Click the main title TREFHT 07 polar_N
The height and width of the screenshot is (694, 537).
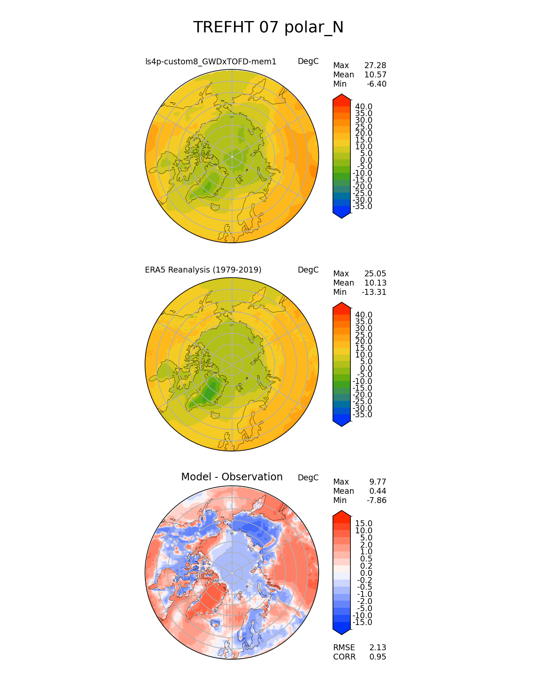click(268, 28)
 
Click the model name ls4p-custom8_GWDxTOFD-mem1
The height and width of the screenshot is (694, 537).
click(211, 62)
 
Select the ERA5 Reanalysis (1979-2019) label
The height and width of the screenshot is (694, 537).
click(203, 270)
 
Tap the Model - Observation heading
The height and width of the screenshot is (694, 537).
click(232, 477)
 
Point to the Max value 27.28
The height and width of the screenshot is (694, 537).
click(375, 66)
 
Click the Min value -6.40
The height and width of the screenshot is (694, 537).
click(377, 84)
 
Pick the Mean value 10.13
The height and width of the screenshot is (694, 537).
click(375, 283)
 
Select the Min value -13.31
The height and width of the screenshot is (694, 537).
click(374, 292)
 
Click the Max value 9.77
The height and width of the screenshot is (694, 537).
click(377, 482)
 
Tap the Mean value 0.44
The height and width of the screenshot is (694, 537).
click(377, 491)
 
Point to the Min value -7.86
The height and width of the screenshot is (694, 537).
click(377, 501)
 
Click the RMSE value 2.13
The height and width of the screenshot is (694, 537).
click(377, 648)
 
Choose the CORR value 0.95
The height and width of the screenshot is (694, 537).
click(377, 657)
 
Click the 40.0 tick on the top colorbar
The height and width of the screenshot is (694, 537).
click(363, 107)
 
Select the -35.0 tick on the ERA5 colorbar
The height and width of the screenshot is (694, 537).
click(362, 415)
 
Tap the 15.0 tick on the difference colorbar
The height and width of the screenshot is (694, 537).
click(363, 524)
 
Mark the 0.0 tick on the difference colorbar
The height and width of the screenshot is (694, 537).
click(366, 573)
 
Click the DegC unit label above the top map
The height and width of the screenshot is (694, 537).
click(308, 62)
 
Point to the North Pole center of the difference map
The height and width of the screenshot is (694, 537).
click(232, 573)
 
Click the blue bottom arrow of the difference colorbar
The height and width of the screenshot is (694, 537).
click(342, 630)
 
